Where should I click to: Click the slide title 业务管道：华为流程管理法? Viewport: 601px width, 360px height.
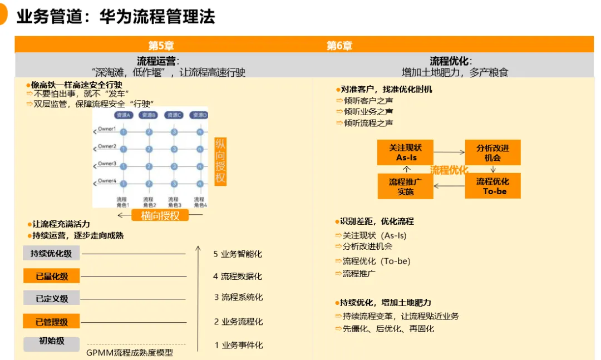click(116, 17)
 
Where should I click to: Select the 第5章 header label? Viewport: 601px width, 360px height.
click(161, 46)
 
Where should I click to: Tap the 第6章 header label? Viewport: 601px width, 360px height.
click(339, 46)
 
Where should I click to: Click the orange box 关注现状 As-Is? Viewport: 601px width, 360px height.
click(405, 152)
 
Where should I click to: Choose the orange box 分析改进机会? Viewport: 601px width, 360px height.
click(492, 152)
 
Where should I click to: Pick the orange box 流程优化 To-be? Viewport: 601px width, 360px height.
click(492, 186)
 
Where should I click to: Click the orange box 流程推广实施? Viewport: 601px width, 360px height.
click(405, 186)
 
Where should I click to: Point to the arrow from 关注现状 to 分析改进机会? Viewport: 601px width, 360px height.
click(449, 152)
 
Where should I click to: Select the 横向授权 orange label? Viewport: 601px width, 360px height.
click(161, 216)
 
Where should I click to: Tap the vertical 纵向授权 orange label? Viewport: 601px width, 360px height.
click(220, 161)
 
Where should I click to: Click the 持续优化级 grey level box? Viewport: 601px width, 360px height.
click(51, 254)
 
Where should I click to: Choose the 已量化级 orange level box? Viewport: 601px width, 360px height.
click(51, 276)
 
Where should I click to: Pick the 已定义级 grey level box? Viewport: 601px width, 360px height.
click(51, 298)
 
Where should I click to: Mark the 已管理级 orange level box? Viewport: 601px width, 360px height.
click(51, 322)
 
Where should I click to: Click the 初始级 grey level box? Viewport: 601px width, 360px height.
click(51, 342)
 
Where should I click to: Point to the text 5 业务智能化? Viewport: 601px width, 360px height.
click(238, 254)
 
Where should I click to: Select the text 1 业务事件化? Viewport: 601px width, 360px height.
click(239, 345)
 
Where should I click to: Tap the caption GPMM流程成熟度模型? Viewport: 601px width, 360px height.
click(130, 353)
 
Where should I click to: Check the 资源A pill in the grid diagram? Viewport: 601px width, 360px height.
click(123, 115)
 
